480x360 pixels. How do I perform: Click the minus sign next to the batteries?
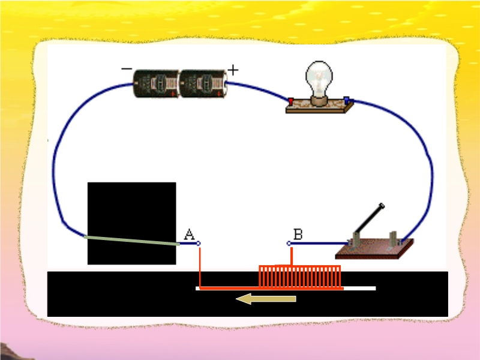point(127,69)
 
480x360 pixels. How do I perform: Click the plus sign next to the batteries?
point(233,70)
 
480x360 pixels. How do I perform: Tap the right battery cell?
point(202,83)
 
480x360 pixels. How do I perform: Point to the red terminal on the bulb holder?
point(291,101)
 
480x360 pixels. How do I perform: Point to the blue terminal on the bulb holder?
point(346,100)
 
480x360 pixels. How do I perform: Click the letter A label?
point(189,234)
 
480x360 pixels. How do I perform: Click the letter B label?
point(298,233)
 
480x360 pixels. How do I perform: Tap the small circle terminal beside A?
point(199,244)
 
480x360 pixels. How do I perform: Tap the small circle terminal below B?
point(289,244)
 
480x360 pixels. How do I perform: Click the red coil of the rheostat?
point(300,277)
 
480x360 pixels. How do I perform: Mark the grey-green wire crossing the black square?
point(132,241)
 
